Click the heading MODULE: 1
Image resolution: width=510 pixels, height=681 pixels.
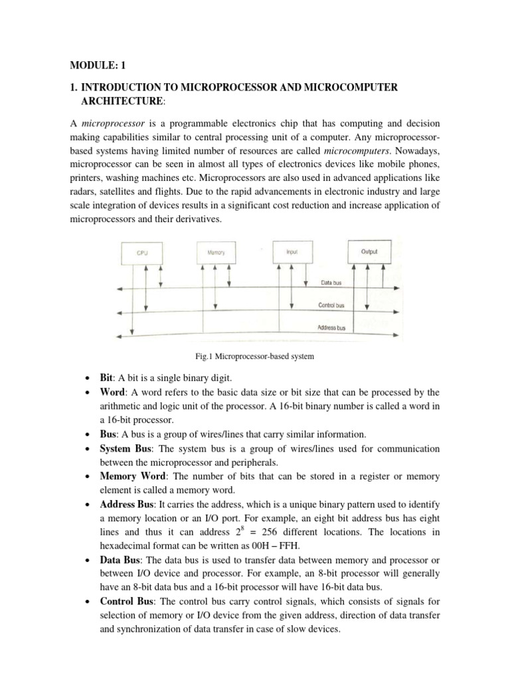click(97, 65)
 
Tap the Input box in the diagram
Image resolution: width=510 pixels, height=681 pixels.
click(292, 253)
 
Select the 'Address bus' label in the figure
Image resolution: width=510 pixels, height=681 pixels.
click(335, 328)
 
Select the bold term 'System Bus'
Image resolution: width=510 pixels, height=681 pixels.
click(126, 448)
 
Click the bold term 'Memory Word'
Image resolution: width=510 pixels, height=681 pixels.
click(129, 477)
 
